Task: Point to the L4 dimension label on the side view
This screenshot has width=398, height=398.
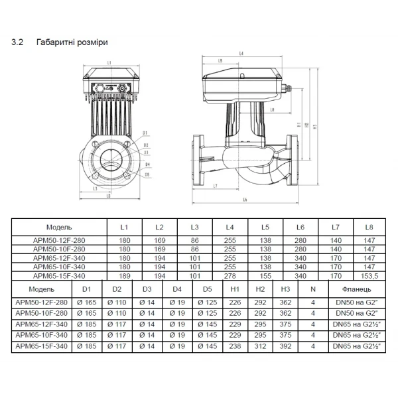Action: [241, 52]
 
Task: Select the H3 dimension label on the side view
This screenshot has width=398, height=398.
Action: [315, 124]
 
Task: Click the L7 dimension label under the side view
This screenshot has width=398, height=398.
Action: [217, 187]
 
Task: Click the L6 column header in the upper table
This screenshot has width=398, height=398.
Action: [300, 227]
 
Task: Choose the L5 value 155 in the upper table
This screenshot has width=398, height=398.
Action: [265, 275]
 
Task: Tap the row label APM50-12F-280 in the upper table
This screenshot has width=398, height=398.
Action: [58, 241]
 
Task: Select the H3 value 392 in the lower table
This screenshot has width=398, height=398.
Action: [286, 346]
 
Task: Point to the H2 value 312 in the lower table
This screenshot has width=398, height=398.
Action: [260, 346]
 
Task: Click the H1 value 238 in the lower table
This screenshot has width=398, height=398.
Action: [235, 346]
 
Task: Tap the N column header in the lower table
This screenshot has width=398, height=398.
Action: [313, 290]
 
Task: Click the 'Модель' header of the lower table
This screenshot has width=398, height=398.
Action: [41, 290]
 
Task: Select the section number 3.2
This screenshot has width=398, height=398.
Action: [18, 42]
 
